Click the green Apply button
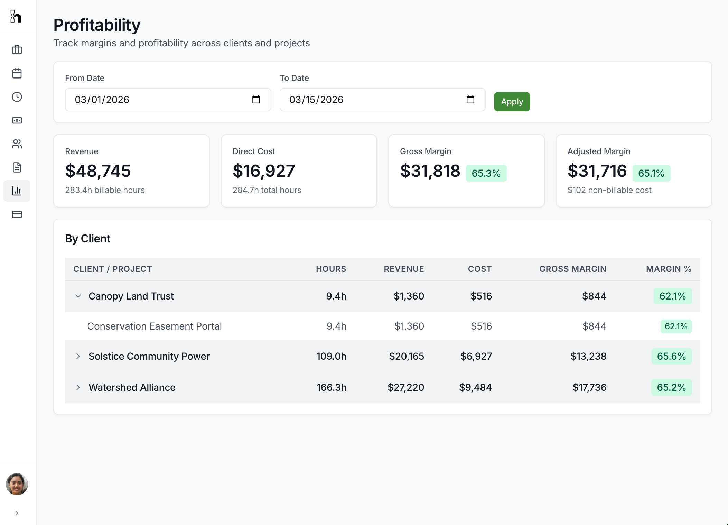click(512, 102)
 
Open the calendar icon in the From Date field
click(256, 100)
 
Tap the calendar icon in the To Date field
click(470, 100)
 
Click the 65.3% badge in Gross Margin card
click(486, 173)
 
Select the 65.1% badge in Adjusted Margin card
click(651, 173)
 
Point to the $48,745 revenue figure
click(98, 171)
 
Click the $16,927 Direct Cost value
click(264, 171)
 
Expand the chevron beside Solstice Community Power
click(78, 356)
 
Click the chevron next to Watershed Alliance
click(78, 387)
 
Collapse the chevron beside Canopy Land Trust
click(78, 296)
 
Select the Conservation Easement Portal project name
click(154, 326)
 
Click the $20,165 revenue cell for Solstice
click(406, 356)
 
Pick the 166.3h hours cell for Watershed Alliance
click(331, 387)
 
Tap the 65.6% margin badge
click(671, 356)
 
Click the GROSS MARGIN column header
click(572, 269)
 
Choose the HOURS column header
click(331, 269)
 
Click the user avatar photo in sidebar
click(17, 484)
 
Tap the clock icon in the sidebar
click(17, 97)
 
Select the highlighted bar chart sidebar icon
click(17, 191)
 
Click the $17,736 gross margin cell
click(589, 387)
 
